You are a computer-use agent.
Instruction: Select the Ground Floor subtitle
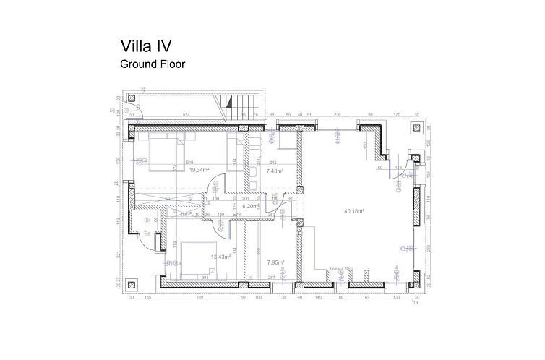pyautogui.click(x=152, y=64)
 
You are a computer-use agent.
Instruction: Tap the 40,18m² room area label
pyautogui.click(x=353, y=211)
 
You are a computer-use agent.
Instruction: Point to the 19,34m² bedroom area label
pyautogui.click(x=199, y=171)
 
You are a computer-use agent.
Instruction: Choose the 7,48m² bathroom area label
pyautogui.click(x=274, y=172)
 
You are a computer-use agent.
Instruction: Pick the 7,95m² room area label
pyautogui.click(x=275, y=262)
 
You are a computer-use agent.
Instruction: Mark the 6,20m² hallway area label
pyautogui.click(x=250, y=206)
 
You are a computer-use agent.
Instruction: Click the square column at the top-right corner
pyautogui.click(x=417, y=128)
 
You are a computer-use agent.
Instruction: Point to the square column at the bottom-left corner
pyautogui.click(x=131, y=283)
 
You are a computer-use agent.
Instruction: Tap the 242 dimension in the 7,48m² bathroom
pyautogui.click(x=273, y=163)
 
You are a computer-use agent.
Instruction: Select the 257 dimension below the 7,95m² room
pyautogui.click(x=272, y=278)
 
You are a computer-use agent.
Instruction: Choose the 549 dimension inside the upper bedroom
pyautogui.click(x=189, y=163)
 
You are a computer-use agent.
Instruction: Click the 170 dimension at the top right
pyautogui.click(x=396, y=115)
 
